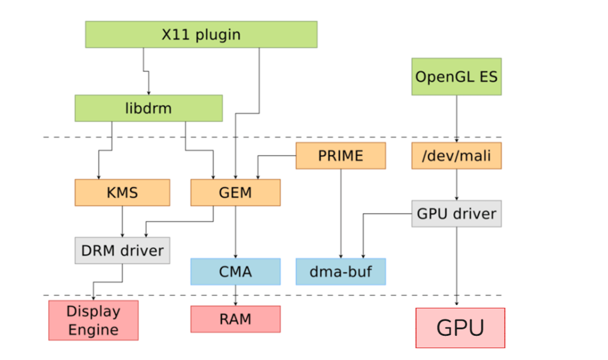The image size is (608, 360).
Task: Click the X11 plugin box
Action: (201, 35)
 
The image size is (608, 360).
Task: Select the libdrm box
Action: (148, 108)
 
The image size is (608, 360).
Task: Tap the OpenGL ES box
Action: (456, 76)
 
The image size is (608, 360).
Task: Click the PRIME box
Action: (340, 156)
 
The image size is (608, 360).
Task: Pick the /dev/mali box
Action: (456, 156)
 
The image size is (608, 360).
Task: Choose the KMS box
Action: (122, 193)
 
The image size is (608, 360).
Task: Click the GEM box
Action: (235, 193)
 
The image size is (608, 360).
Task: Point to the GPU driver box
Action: (456, 214)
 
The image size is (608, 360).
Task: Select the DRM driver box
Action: (122, 250)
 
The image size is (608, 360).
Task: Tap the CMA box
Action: (235, 271)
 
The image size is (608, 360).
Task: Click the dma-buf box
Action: (340, 271)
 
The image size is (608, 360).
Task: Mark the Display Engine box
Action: (93, 320)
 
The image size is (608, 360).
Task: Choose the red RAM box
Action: (235, 319)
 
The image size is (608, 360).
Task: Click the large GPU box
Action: (460, 327)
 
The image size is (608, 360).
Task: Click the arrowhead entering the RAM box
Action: (235, 303)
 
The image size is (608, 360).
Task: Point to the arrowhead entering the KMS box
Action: (99, 176)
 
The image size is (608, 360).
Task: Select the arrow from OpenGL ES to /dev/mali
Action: (456, 118)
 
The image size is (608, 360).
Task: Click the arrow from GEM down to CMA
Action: (235, 232)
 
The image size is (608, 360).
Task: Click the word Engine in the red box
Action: (93, 329)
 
